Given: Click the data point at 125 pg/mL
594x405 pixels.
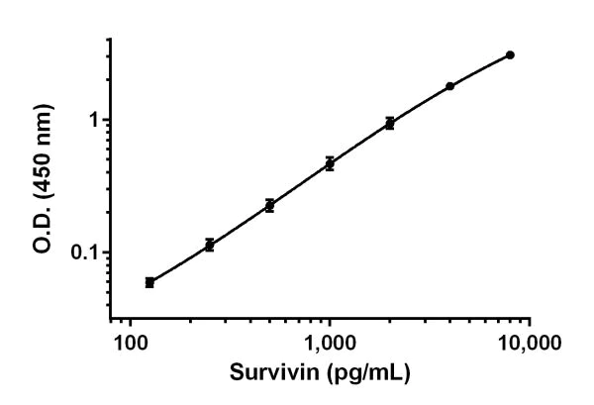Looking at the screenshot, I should [x=149, y=282].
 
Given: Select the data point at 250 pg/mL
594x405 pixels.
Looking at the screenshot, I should [x=209, y=244].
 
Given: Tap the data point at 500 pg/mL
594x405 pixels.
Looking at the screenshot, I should [x=269, y=205].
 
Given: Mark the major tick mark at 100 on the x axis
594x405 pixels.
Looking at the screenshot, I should [x=130, y=324].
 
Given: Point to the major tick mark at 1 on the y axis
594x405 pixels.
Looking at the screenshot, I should [x=106, y=120].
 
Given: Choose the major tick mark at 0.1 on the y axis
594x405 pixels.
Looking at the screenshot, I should [x=106, y=252].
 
